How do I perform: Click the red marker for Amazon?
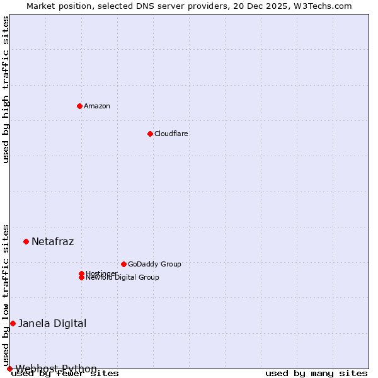79,106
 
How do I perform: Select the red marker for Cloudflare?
150,134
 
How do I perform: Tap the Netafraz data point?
26,241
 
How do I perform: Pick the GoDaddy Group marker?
123,264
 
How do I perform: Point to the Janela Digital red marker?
13,323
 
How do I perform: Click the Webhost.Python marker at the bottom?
9,369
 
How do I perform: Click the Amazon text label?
97,106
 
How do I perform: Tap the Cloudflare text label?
171,134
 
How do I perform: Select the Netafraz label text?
53,241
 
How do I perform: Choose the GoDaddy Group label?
154,264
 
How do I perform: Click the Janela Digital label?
52,323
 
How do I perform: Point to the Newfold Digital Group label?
123,278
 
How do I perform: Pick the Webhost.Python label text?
56,369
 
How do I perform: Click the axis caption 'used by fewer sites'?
66,374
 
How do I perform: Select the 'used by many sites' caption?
316,374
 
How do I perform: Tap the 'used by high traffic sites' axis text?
6,89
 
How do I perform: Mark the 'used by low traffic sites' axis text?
6,295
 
